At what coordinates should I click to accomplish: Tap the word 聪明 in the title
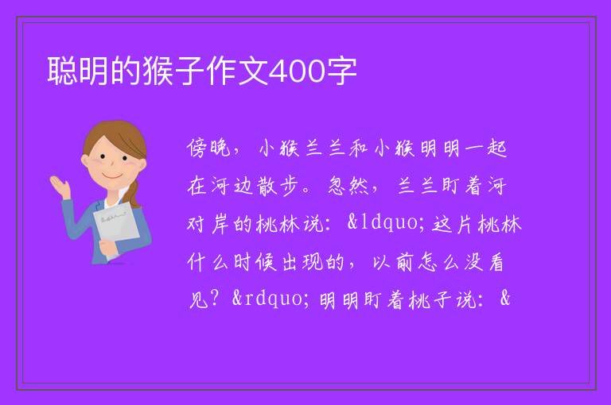tap(77, 71)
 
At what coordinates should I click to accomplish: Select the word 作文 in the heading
tap(237, 71)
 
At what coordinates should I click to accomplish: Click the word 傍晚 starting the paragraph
tap(209, 148)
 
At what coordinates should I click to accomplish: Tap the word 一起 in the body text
tap(485, 148)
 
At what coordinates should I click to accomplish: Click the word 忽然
tap(348, 186)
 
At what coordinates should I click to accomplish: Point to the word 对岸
tap(208, 224)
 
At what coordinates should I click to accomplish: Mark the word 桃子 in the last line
tap(430, 300)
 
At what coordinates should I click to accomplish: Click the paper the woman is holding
tap(116, 229)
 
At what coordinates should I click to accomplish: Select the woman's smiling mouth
tap(112, 175)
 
